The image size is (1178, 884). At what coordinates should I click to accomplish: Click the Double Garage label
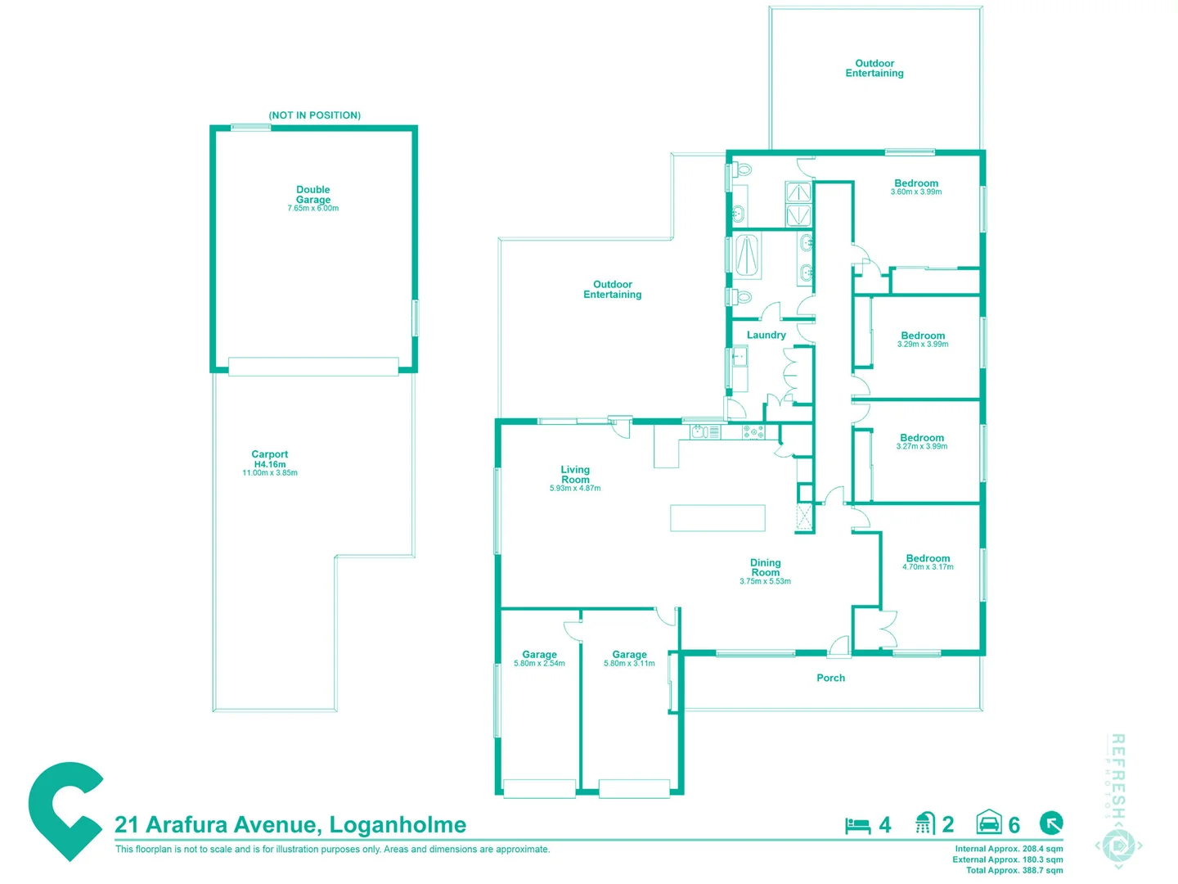(313, 195)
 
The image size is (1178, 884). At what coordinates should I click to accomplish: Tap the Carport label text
(270, 454)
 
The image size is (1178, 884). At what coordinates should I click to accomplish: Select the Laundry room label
(766, 335)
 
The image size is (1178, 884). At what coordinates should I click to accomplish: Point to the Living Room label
(575, 475)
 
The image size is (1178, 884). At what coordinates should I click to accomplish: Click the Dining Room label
(765, 567)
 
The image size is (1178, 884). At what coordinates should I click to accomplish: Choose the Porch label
(830, 678)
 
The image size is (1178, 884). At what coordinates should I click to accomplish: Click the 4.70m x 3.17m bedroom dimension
(928, 567)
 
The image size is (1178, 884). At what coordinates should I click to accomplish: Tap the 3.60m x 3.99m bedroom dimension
(916, 192)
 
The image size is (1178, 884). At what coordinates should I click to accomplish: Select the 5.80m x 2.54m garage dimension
(539, 664)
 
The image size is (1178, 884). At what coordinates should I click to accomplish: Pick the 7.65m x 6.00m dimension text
(313, 209)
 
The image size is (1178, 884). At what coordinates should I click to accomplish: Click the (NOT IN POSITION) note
(315, 115)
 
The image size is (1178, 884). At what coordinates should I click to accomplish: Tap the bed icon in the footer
(857, 825)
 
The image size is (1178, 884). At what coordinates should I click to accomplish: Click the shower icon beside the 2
(924, 823)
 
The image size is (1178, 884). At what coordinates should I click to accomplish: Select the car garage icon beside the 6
(989, 823)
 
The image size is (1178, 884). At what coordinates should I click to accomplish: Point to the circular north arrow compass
(1051, 823)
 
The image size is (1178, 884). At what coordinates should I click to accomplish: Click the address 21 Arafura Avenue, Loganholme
(290, 824)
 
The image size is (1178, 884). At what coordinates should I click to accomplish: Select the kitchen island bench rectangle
(717, 518)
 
